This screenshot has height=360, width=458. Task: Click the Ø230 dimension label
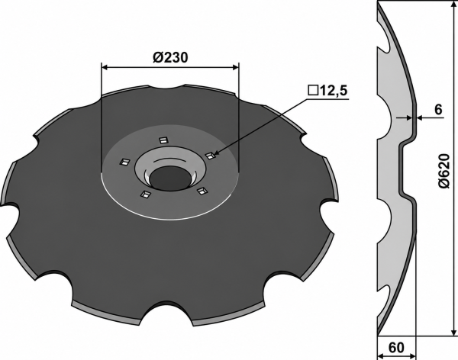[170, 57]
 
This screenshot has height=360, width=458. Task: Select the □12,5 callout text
[327, 91]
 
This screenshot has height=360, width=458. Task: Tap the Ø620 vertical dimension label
[443, 171]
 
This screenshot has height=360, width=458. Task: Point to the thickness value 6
[438, 110]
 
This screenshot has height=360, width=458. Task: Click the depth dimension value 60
[396, 348]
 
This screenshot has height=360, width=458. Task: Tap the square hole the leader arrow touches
[210, 156]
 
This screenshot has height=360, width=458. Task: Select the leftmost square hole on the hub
[124, 162]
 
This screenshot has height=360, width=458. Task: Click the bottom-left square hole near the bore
[145, 194]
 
